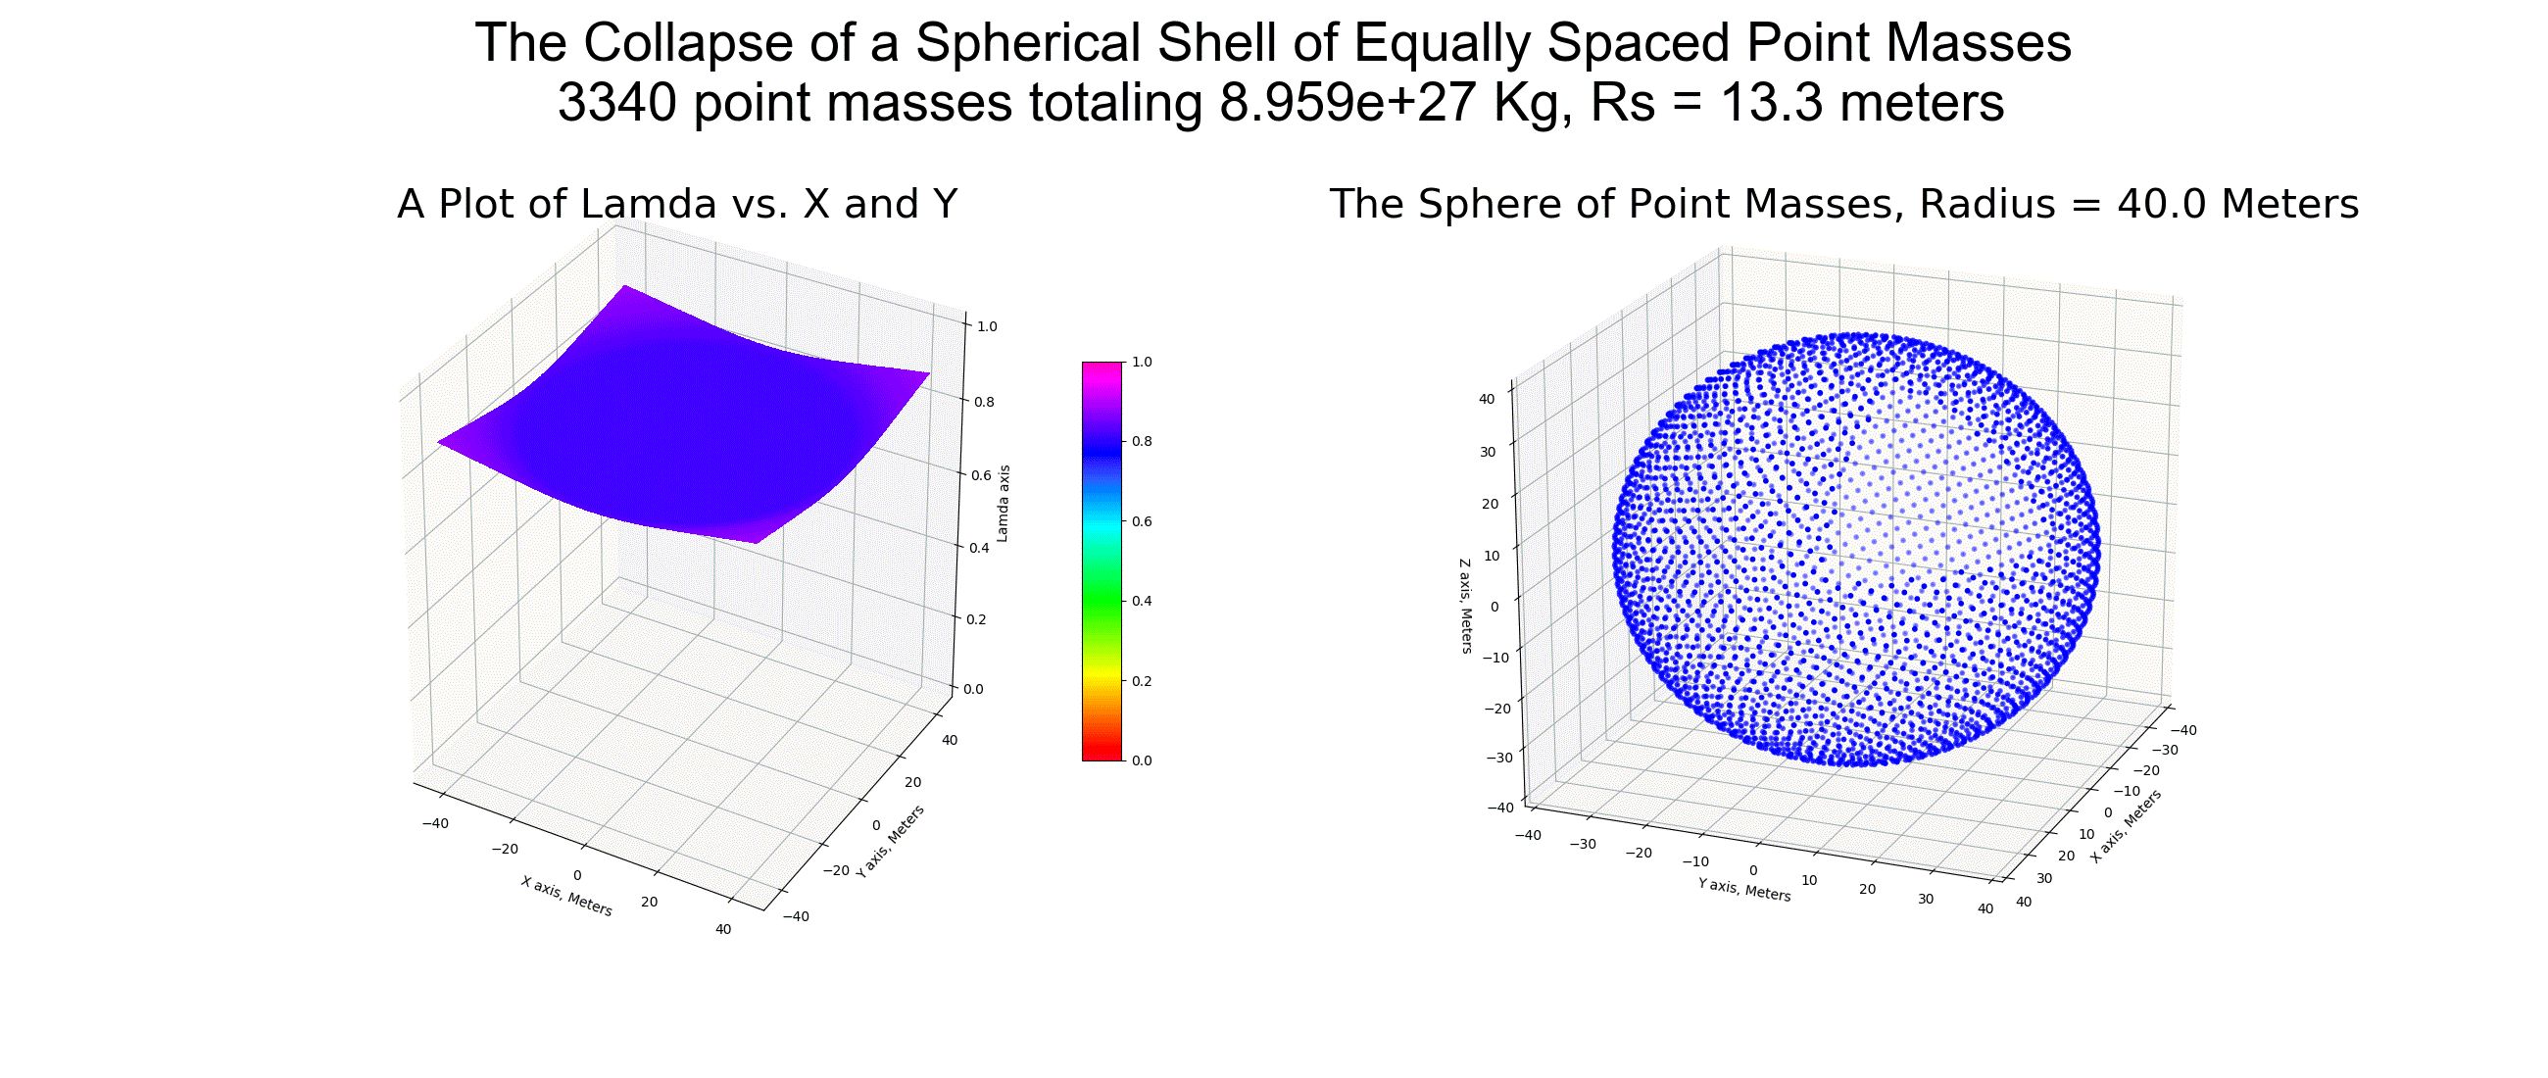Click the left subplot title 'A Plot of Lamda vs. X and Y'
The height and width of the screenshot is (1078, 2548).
(677, 204)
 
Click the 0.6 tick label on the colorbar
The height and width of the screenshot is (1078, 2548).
(1142, 521)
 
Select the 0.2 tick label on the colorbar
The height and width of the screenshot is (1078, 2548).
(1142, 681)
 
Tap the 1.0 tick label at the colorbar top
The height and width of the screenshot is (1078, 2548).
(1142, 362)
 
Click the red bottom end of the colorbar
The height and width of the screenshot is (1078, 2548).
(1102, 752)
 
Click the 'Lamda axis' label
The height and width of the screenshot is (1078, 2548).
(1002, 504)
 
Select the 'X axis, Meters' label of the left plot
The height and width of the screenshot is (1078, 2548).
(566, 896)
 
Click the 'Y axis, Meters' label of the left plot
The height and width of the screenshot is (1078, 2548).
(890, 841)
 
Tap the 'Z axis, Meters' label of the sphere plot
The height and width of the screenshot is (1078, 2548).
(1465, 607)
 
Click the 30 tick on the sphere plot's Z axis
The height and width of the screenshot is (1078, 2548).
(1488, 452)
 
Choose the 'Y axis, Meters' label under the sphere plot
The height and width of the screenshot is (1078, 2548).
(1743, 889)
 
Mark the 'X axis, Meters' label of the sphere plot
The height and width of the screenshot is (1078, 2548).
(2126, 826)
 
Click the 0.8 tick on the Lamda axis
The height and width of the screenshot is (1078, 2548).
(984, 402)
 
